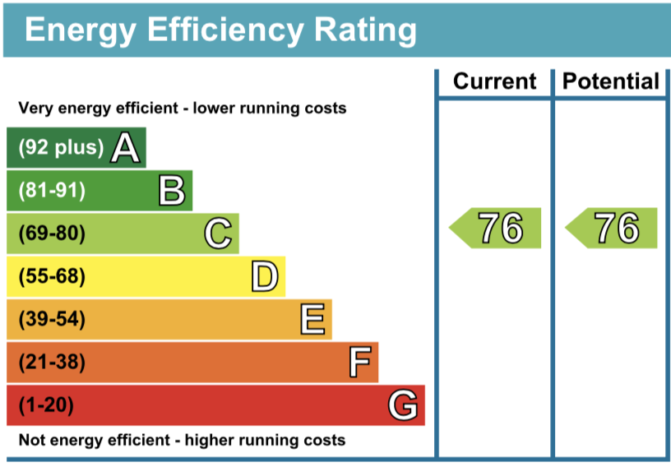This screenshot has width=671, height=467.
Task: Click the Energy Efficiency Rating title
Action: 220,30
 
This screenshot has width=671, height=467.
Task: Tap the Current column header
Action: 494,81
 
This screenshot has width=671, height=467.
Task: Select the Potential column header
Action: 611,81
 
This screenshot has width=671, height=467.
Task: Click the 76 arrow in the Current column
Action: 496,228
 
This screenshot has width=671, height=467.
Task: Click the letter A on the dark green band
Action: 125,148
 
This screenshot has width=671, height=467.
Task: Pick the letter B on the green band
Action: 172,191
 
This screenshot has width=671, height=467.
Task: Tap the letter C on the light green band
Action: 218,234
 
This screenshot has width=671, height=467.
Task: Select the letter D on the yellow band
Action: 264,277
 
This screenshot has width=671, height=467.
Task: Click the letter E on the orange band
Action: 312,319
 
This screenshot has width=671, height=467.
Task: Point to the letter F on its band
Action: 359,362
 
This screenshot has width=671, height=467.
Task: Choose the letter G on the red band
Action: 403,405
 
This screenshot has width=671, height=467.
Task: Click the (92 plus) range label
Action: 62,148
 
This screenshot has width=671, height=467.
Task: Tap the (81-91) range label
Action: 52,191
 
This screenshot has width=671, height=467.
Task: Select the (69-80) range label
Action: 52,234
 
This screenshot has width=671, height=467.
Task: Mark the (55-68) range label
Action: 52,277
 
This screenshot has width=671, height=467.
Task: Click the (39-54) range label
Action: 52,319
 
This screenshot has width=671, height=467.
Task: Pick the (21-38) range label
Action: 52,362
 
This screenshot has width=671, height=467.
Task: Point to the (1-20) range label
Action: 46,405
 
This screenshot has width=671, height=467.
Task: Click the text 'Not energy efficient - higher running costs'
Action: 182,440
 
